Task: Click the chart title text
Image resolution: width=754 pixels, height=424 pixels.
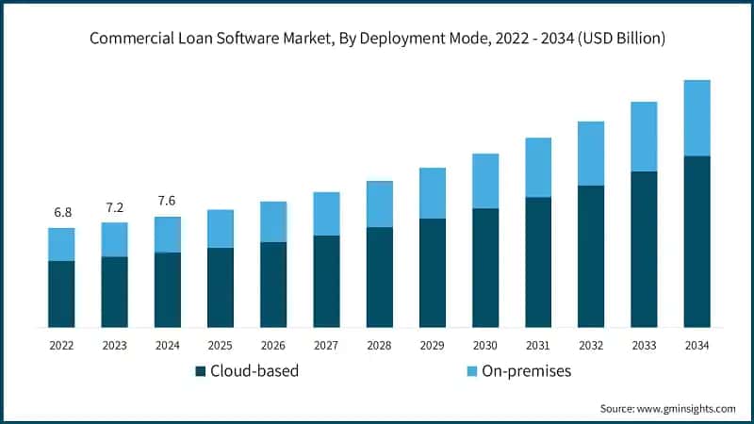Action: click(377, 39)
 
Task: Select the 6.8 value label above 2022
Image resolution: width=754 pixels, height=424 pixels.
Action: click(62, 212)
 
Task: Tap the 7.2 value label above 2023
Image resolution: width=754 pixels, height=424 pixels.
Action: click(115, 206)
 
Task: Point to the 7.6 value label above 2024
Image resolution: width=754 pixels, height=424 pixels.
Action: click(168, 201)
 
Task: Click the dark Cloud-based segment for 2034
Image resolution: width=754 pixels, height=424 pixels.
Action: click(697, 241)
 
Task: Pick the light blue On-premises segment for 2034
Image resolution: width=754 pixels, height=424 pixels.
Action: click(697, 118)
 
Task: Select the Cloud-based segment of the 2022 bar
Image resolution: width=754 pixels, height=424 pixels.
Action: click(62, 294)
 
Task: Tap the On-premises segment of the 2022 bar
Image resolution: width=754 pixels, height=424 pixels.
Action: click(62, 244)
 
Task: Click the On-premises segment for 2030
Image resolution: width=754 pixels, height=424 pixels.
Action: click(485, 181)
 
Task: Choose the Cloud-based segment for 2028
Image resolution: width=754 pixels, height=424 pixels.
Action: click(380, 277)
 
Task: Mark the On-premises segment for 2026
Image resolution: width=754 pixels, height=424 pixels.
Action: click(273, 221)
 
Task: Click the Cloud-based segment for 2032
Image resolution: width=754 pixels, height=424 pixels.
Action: click(591, 256)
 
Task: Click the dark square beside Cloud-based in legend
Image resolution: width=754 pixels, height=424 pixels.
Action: click(200, 371)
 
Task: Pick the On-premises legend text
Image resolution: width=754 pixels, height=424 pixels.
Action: click(526, 371)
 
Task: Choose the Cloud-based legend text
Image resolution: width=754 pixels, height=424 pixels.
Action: click(254, 371)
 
